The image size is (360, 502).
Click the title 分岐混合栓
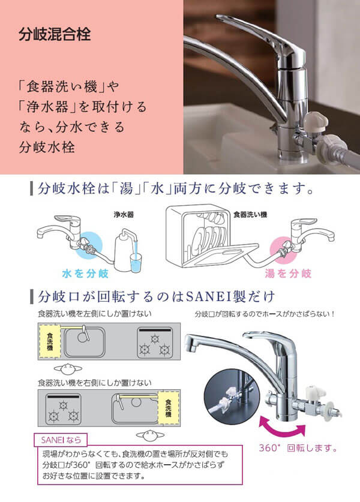click(x=55, y=34)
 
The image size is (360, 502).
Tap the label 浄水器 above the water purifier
click(x=124, y=215)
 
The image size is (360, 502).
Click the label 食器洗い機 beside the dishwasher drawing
click(x=250, y=215)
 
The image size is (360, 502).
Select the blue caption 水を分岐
click(x=86, y=273)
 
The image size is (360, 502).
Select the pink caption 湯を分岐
click(x=288, y=273)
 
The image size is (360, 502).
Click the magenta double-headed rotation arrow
click(x=282, y=426)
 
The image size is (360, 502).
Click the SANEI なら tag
click(x=61, y=440)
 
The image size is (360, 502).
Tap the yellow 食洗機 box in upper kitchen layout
click(x=50, y=342)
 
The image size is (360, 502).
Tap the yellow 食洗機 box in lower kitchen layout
click(x=169, y=408)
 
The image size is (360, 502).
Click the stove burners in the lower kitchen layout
click(x=64, y=410)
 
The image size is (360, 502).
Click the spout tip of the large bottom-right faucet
click(x=191, y=344)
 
